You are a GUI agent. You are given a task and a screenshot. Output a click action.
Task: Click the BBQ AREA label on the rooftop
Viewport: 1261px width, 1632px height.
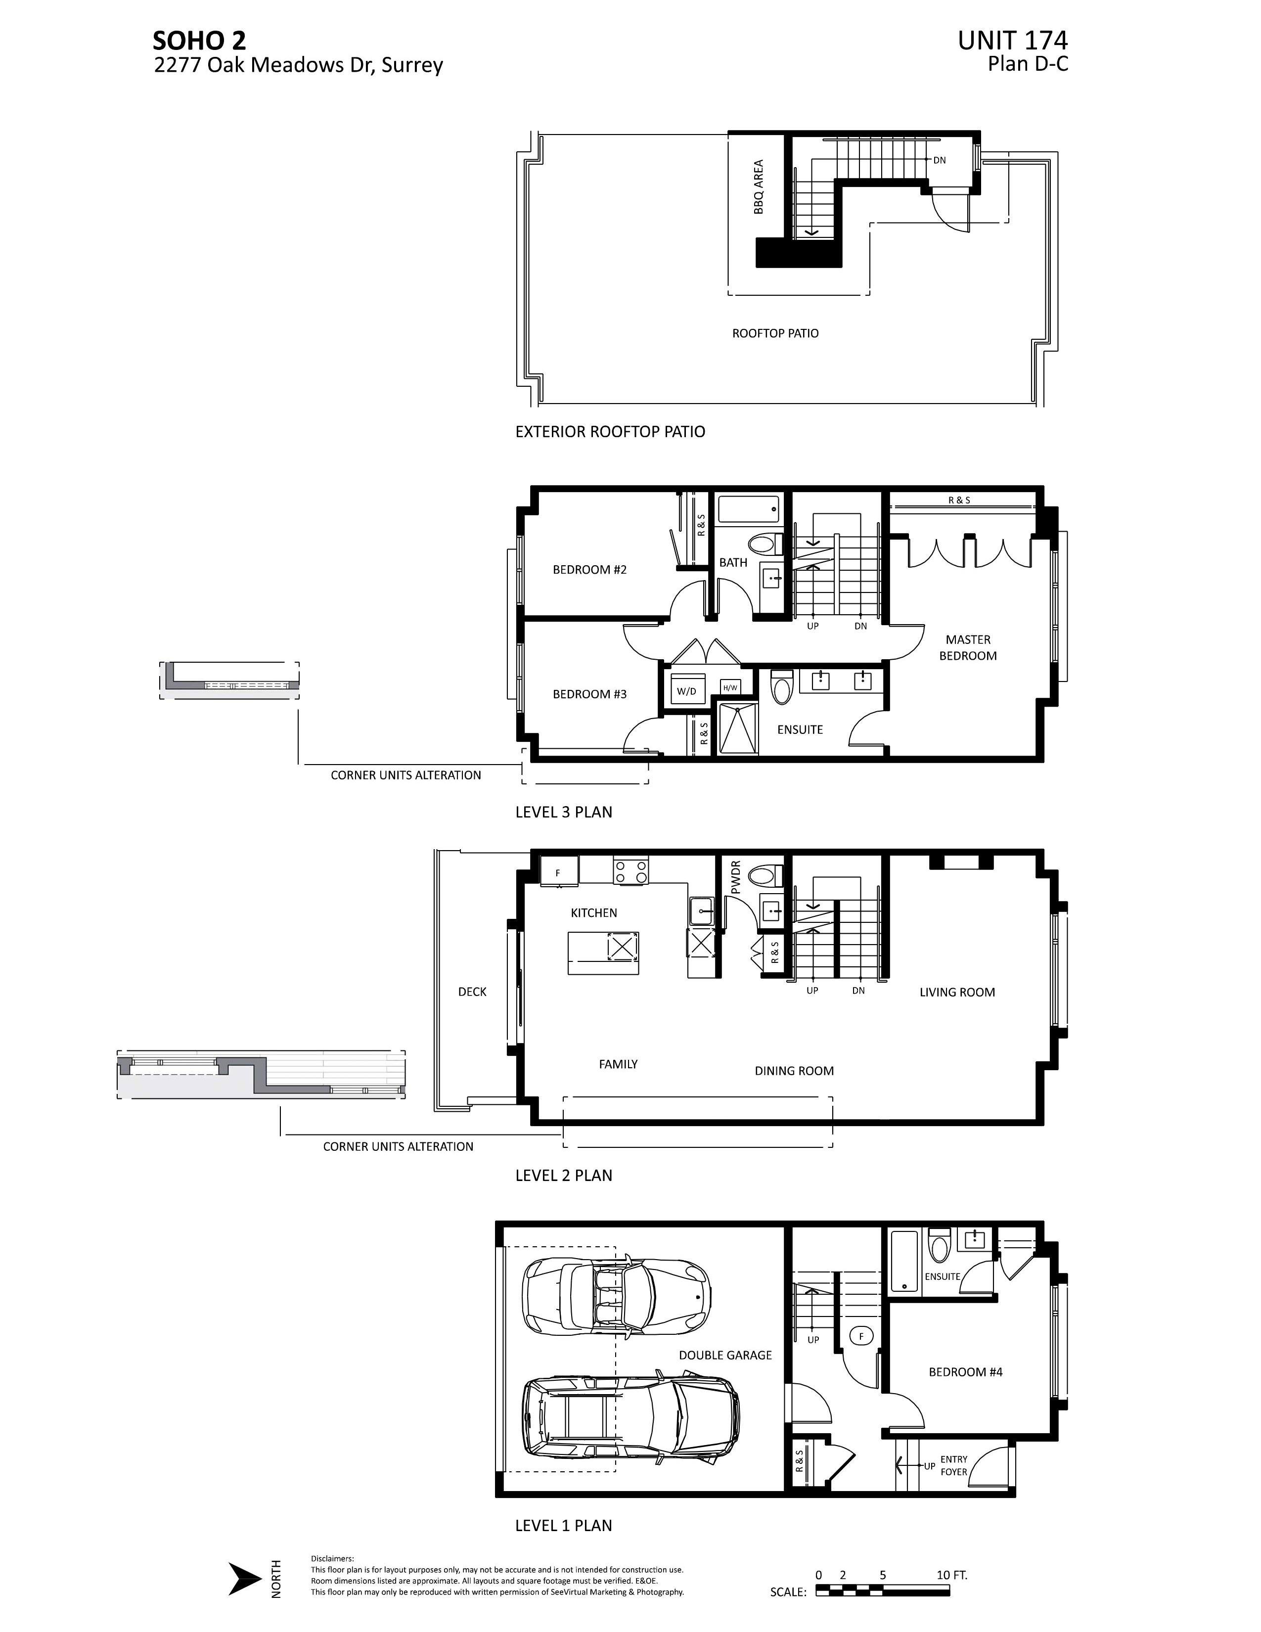[x=759, y=187]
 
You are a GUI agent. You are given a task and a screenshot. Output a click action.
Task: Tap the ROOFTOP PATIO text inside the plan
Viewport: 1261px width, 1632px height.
[x=775, y=333]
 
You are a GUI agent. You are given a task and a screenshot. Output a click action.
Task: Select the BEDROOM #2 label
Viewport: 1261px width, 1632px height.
[x=589, y=569]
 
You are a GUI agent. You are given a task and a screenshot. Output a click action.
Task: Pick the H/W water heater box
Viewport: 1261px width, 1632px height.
[x=730, y=687]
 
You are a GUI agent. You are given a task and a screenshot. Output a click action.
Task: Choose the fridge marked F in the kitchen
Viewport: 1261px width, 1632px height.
[x=559, y=872]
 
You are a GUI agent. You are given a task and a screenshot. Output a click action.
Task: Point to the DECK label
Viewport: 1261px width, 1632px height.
[x=472, y=992]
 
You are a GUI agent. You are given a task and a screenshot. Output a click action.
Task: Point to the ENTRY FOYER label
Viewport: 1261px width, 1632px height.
[x=953, y=1465]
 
